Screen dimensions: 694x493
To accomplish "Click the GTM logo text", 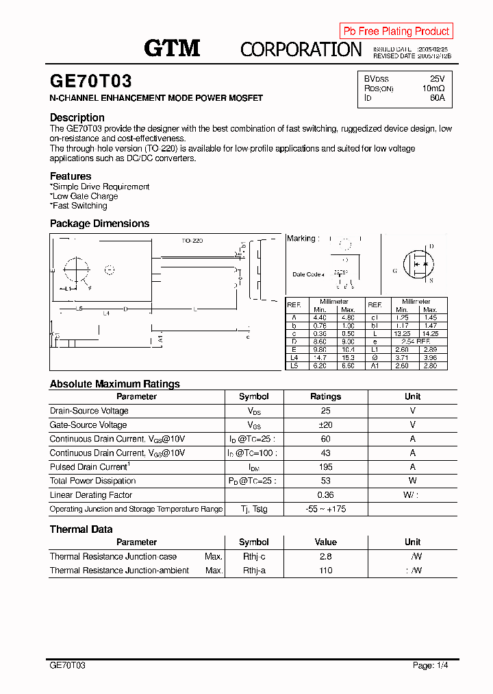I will pos(172,48).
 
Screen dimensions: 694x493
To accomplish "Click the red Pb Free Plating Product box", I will pos(396,31).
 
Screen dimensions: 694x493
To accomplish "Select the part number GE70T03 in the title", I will pos(90,82).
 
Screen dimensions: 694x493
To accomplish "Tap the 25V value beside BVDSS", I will pos(437,79).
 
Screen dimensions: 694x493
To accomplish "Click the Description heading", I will pos(77,117).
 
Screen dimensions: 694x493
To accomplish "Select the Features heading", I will pos(70,176).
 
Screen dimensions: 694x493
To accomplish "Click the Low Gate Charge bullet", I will pos(85,196).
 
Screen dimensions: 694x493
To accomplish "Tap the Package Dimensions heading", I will pos(99,224).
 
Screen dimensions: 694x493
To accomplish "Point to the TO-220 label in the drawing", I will pos(192,241).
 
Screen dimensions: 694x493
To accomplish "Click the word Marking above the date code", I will pos(301,239).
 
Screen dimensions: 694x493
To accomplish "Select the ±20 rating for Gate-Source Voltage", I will pos(325,425).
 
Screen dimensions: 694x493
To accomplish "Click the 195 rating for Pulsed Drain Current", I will pos(325,467).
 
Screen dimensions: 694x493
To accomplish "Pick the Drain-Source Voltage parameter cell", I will pos(89,411).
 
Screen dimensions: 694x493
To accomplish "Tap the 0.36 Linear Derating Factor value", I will pos(325,495).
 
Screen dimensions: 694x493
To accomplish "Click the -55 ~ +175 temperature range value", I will pos(325,509).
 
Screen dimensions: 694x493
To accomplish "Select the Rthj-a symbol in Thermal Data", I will pos(253,571).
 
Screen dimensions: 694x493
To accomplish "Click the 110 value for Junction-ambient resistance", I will pos(325,571).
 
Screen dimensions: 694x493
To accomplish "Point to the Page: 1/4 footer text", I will pos(431,665).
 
